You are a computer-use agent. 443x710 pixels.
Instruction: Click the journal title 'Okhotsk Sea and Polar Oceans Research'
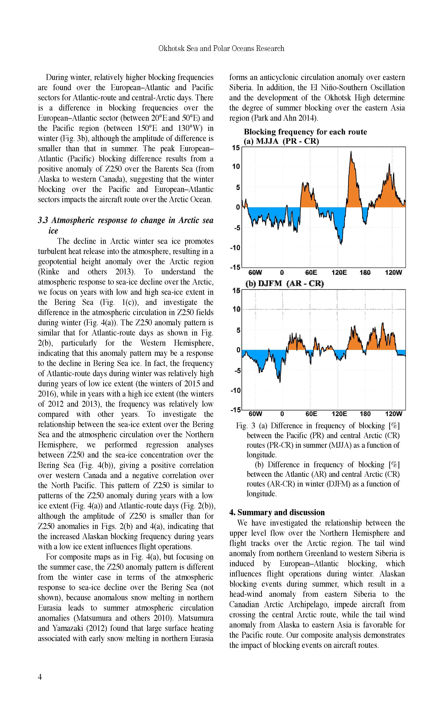pyautogui.click(x=221, y=48)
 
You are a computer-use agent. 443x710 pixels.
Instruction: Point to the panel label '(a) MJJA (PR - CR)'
pyautogui.click(x=281, y=141)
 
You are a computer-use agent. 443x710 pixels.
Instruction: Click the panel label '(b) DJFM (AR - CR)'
pyautogui.click(x=285, y=284)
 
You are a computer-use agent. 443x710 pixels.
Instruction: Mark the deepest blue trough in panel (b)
pyautogui.click(x=280, y=382)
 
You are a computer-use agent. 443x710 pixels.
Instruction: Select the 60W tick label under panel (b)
pyautogui.click(x=255, y=414)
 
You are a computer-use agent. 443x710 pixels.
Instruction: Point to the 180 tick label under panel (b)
pyautogui.click(x=365, y=414)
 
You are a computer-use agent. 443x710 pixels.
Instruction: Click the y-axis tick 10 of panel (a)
pyautogui.click(x=236, y=167)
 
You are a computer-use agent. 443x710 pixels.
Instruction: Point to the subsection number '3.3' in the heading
pyautogui.click(x=43, y=220)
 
